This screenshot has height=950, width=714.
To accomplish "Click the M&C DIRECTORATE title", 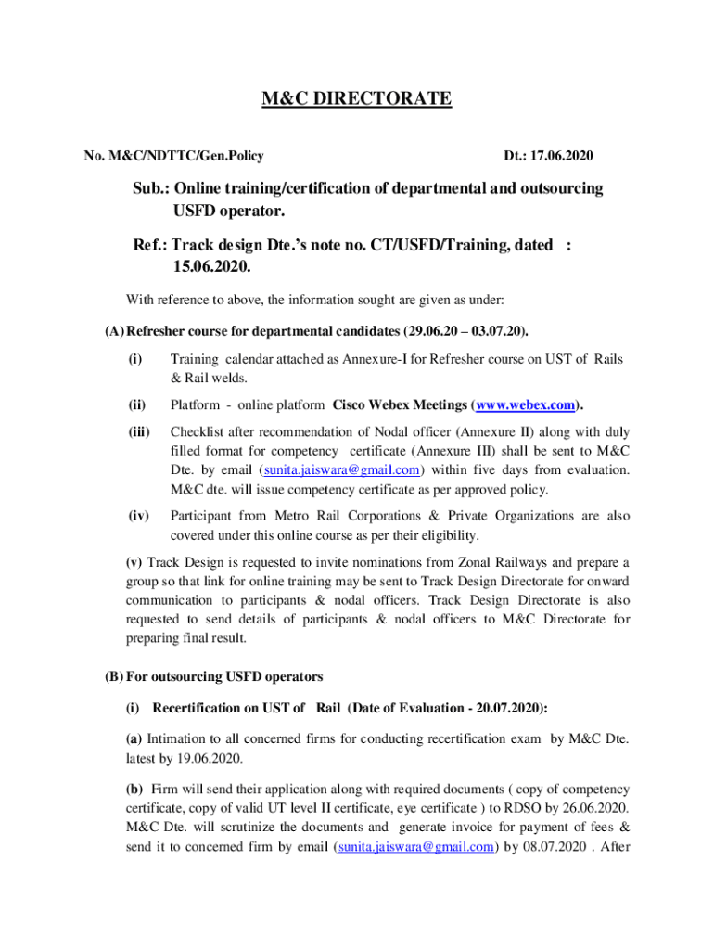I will point(357,98).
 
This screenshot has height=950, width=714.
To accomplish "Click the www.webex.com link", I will point(529,404).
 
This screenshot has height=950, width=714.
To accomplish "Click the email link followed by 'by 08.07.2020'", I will point(411,846).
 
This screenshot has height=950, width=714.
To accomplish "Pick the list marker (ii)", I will point(136,404).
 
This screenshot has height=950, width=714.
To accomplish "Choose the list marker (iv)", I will point(137,516).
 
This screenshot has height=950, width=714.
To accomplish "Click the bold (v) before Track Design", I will point(134,562).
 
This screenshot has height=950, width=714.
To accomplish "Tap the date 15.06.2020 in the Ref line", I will point(211,266).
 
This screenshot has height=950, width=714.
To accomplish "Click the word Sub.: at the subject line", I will point(150,188).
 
